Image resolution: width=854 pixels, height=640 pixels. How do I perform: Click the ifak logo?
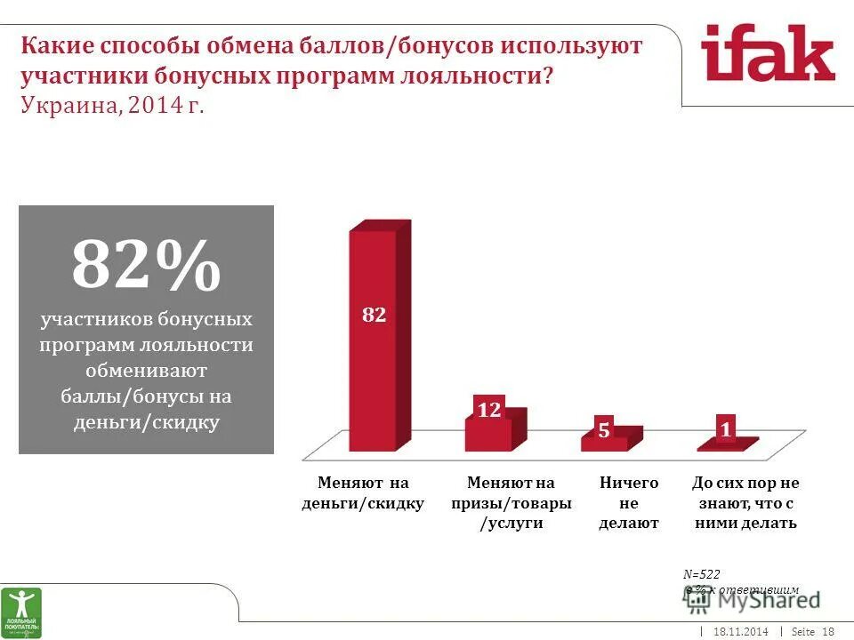(x=767, y=55)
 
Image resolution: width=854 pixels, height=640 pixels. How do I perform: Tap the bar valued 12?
(x=488, y=427)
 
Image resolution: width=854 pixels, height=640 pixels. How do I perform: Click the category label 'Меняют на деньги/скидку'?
(x=364, y=493)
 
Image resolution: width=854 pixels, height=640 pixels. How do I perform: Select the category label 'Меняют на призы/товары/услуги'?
(x=512, y=503)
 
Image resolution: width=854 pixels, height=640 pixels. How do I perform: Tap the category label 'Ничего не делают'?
(x=629, y=503)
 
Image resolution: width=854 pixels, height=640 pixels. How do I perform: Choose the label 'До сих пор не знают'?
(x=745, y=503)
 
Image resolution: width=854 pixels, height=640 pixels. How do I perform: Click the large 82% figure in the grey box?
(x=146, y=265)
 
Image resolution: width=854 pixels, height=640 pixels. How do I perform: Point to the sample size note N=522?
(x=702, y=574)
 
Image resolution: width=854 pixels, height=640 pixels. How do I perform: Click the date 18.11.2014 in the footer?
(x=740, y=631)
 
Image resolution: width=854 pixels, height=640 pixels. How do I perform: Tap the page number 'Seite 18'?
(x=812, y=631)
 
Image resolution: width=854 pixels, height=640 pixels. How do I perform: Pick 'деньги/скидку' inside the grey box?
(x=147, y=421)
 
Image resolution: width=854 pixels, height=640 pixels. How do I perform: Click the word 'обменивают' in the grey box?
(x=147, y=370)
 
